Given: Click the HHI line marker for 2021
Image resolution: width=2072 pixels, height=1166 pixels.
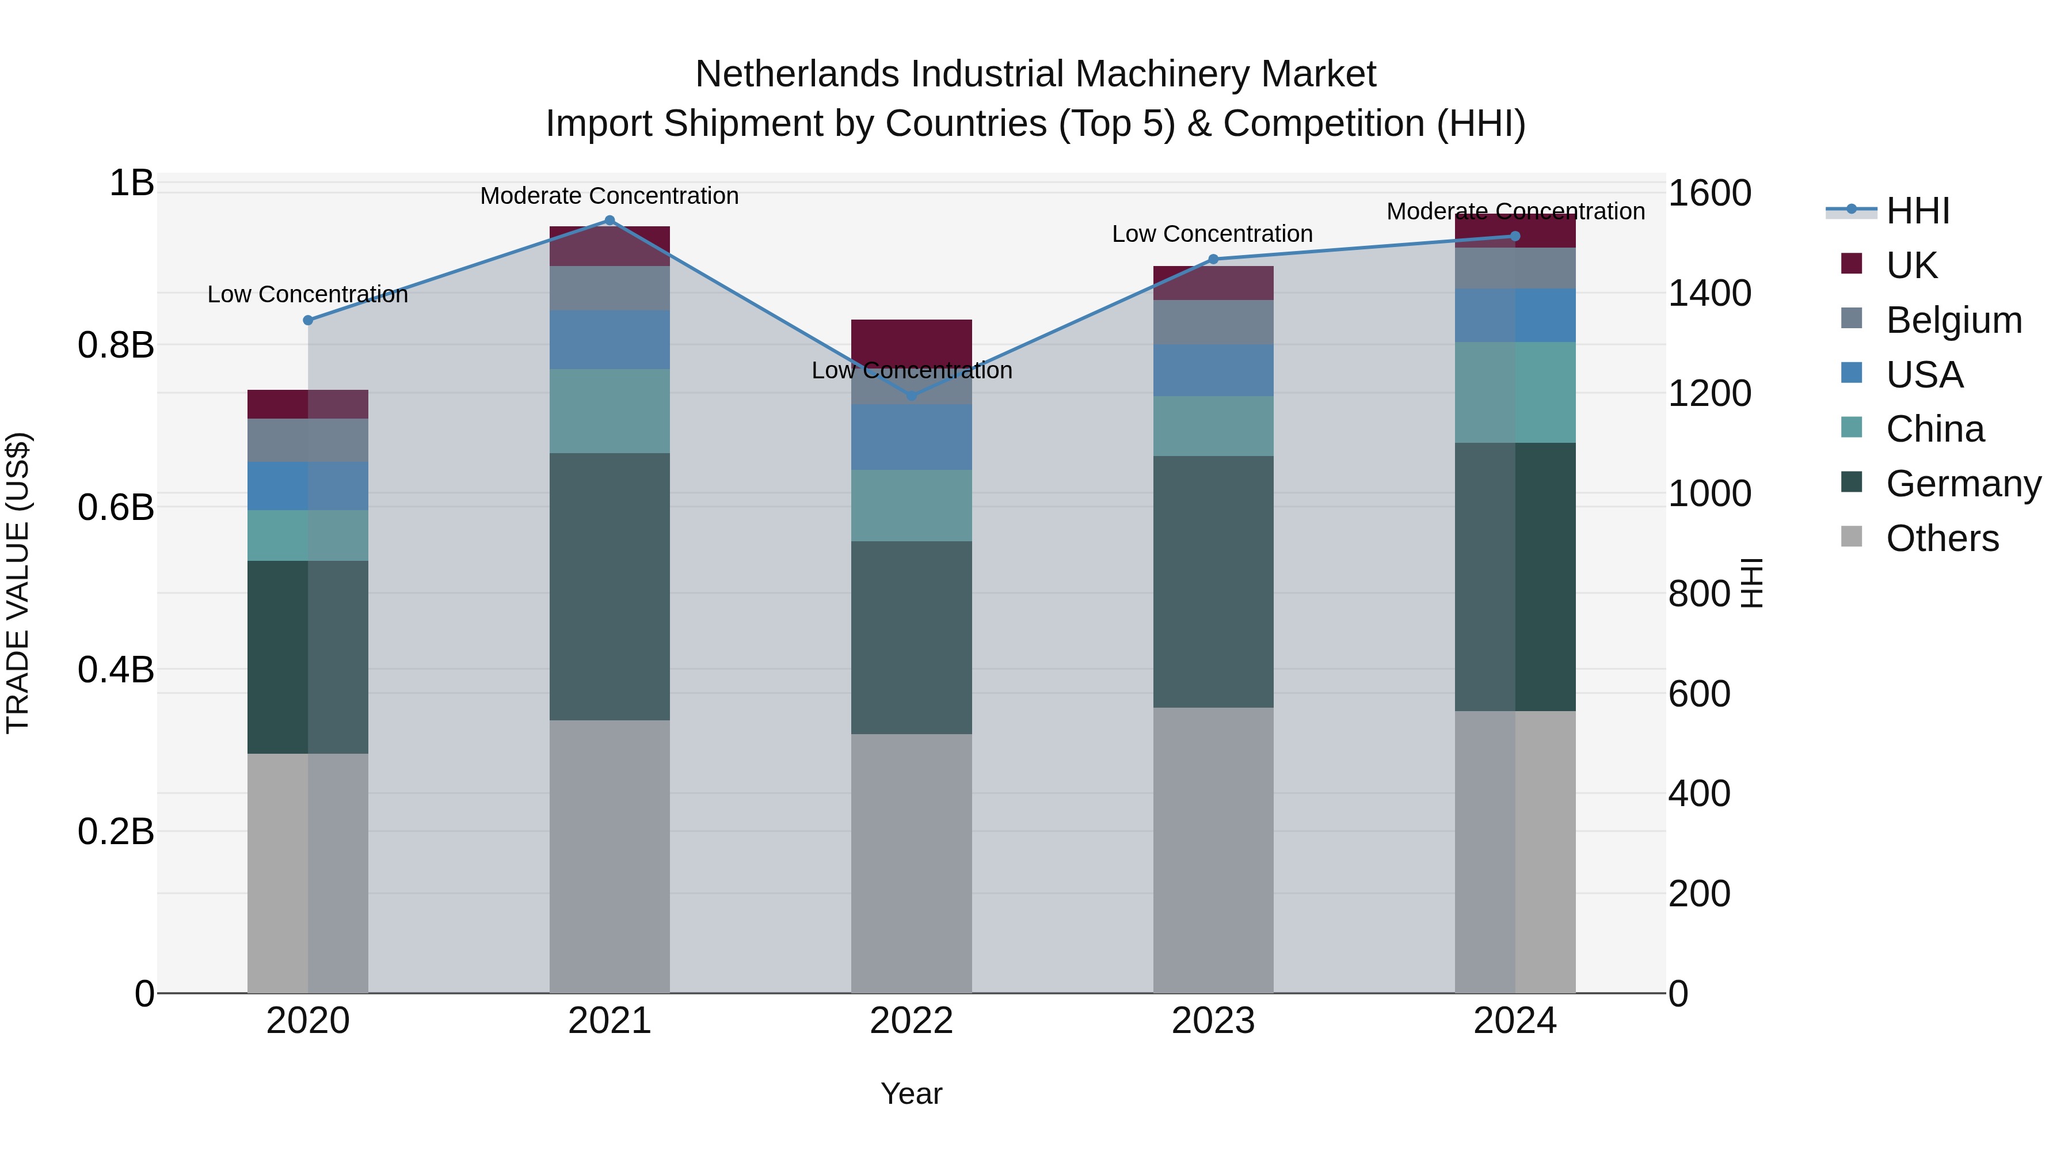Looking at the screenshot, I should [609, 221].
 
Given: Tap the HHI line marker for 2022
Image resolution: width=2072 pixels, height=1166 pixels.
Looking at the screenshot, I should [911, 395].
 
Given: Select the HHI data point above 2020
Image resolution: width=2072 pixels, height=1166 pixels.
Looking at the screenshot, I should [307, 320].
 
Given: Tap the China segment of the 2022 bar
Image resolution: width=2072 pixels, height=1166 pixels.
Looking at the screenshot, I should [911, 506].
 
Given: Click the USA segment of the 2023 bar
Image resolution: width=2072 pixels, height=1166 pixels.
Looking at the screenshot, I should [1213, 370].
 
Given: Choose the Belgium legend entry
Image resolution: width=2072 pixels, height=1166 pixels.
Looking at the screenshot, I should [1953, 320].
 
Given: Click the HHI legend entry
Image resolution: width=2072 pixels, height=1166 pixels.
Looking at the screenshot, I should [1918, 211].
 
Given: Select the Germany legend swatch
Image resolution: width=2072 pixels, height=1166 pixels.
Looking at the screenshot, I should [1852, 483].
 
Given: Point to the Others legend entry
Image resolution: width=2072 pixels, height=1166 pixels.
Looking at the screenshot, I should [1942, 538].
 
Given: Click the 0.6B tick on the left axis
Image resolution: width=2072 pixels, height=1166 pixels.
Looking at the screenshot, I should [115, 508].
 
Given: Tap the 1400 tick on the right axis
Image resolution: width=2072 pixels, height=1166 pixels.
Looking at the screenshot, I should [1709, 293].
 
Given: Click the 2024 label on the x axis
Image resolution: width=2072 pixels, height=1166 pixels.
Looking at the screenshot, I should [1515, 1021].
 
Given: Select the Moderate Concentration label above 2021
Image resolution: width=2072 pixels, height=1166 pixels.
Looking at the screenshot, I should [609, 196].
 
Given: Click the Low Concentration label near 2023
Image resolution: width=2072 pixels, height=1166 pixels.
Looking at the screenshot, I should [1212, 234].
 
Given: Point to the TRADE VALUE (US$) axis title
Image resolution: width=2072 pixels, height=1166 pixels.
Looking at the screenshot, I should [18, 583].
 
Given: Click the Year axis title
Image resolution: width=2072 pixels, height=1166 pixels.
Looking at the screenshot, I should [911, 1093].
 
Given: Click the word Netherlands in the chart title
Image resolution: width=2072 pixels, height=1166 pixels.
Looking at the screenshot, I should [797, 74].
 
